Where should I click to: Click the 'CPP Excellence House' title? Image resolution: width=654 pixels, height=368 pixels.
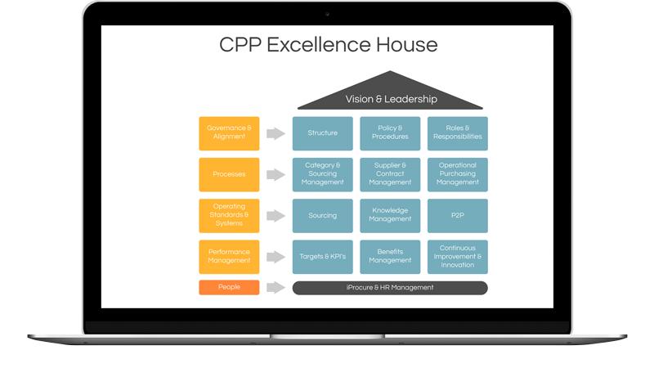click(x=329, y=45)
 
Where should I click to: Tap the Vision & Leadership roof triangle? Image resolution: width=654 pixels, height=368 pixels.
click(x=390, y=94)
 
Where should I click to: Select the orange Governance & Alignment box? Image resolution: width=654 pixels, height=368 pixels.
click(x=229, y=133)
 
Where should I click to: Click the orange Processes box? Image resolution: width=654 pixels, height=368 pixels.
click(x=229, y=174)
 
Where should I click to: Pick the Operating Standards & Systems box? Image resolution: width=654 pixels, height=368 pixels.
click(x=229, y=215)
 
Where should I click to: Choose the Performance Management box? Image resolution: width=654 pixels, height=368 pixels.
click(x=229, y=257)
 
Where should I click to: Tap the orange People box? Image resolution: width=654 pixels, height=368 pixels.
click(x=229, y=288)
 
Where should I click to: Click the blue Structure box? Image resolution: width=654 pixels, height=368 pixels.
click(x=322, y=133)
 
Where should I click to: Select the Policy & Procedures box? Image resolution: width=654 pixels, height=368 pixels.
click(x=390, y=133)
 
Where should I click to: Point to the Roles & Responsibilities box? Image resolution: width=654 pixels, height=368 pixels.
click(x=458, y=133)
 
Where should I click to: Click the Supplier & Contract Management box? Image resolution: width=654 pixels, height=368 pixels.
click(x=390, y=174)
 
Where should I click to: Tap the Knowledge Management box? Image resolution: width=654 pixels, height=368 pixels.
click(x=390, y=215)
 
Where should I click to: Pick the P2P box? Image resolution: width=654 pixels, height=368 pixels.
click(x=458, y=215)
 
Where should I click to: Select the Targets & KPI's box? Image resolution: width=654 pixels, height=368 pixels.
click(x=322, y=257)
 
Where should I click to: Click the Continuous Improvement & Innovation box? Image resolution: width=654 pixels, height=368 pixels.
click(x=458, y=257)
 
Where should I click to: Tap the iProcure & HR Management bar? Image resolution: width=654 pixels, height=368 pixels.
click(x=390, y=288)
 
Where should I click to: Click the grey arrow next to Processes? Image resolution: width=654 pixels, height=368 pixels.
click(x=275, y=174)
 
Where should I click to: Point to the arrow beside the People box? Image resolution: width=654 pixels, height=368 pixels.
click(x=275, y=288)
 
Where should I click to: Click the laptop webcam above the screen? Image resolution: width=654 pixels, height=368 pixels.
click(x=328, y=14)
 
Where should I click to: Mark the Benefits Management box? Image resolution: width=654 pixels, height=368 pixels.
click(x=390, y=257)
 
